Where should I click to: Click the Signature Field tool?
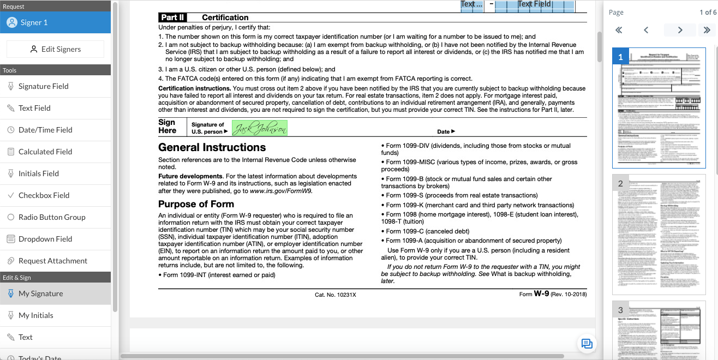(x=44, y=86)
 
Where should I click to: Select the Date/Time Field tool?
(x=45, y=130)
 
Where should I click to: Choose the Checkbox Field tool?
(x=44, y=195)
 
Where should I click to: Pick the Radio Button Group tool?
(x=52, y=217)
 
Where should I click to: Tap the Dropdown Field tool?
(x=45, y=239)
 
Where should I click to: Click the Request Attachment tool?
(x=52, y=261)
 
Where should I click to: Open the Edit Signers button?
(x=55, y=49)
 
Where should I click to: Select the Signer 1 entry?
(x=34, y=22)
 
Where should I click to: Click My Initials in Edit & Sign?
(x=35, y=315)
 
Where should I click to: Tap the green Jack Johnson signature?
(x=260, y=128)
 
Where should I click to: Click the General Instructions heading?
(x=212, y=147)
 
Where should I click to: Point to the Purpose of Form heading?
(x=196, y=204)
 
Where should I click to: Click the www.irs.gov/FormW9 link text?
(x=281, y=191)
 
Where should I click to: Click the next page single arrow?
(x=680, y=30)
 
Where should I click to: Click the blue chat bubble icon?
(x=587, y=343)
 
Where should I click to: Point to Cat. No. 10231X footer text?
(x=335, y=295)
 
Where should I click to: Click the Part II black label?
(x=172, y=17)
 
